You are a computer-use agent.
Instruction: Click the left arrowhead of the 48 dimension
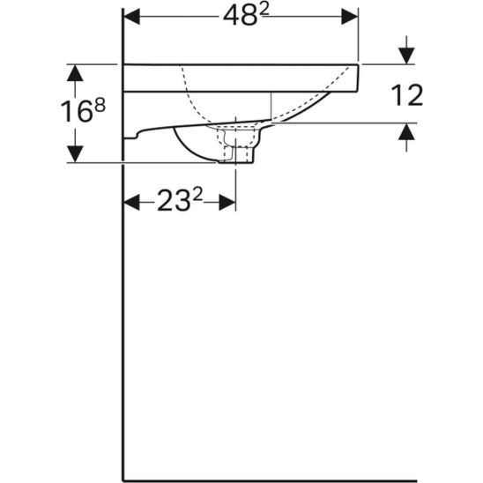coord(130,17)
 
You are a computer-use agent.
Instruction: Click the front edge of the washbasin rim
coord(358,77)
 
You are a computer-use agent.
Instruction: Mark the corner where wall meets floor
coord(122,479)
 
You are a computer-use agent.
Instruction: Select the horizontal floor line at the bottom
coord(300,479)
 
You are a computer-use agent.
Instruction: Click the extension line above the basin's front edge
coord(359,35)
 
